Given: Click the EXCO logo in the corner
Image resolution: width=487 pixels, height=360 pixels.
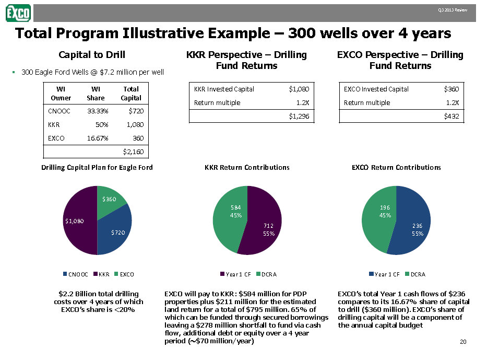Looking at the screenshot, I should pos(18,13).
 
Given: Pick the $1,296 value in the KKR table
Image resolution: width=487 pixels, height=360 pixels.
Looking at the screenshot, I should pos(302,116).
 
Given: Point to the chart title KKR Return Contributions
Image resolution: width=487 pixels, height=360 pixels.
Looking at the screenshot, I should pos(247,167).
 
